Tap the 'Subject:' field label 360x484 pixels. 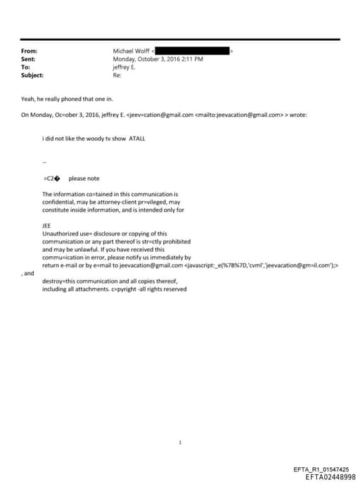coord(32,75)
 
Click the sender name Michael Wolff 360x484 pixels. coord(131,51)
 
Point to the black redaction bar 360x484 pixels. coord(191,51)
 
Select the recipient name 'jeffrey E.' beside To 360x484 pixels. coord(124,67)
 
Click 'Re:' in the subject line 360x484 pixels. coord(117,75)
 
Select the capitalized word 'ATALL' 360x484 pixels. coord(137,139)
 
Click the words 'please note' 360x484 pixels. coord(82,178)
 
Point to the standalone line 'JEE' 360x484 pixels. coord(46,226)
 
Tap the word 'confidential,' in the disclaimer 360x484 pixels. coord(58,202)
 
